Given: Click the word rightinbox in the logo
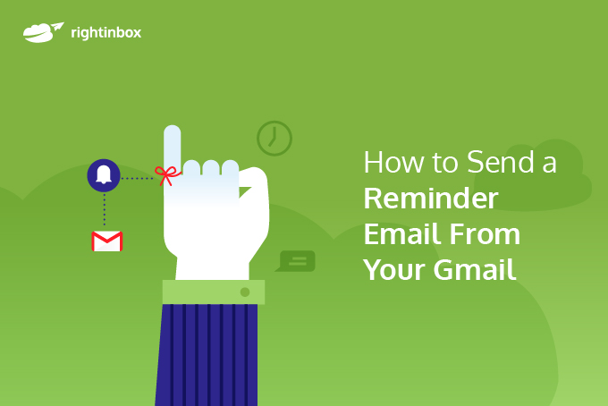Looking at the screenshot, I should click(106, 33).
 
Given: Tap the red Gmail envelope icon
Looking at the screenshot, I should click(107, 241).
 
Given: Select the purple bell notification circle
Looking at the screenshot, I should click(104, 175).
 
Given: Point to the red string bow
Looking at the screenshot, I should click(166, 173).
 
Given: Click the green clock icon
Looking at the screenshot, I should click(274, 138).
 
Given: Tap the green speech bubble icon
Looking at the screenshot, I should click(297, 261).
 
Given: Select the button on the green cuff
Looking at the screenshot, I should click(244, 292).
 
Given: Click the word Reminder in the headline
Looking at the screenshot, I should click(431, 199).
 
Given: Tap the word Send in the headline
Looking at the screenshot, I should click(501, 164).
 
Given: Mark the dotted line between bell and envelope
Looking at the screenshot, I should click(104, 209).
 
